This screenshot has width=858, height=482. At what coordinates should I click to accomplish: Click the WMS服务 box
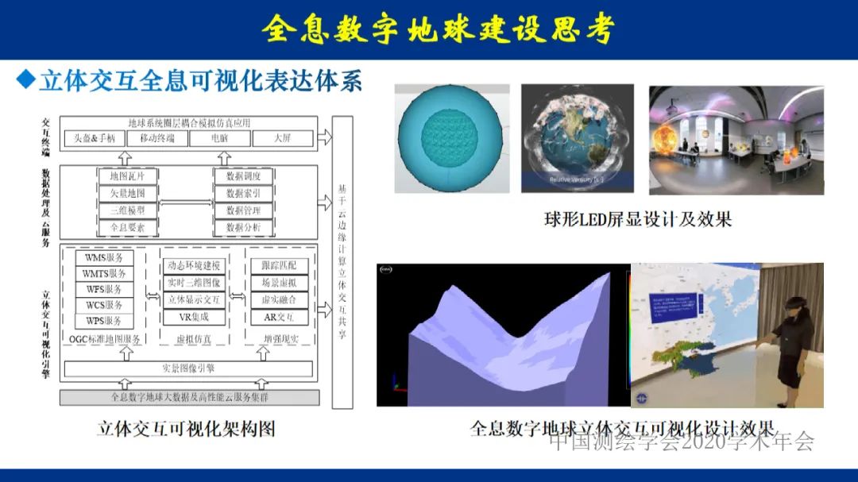pos(103,258)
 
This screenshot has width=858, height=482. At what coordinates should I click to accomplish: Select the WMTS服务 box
pos(103,274)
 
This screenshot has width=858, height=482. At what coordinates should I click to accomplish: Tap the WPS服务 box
pos(103,322)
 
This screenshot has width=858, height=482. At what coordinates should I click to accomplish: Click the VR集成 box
pos(195,318)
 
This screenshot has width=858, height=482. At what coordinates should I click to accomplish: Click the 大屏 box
pos(283,138)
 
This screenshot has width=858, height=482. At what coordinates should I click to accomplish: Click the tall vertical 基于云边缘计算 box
pos(342,262)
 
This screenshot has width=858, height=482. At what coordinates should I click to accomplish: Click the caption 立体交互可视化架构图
pos(186,429)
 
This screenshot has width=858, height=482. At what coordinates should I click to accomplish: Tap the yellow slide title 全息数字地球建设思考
pos(439,29)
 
